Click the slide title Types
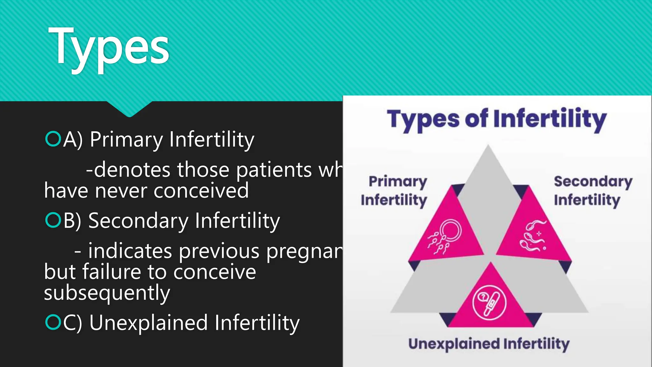(108, 48)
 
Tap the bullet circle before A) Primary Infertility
(53, 139)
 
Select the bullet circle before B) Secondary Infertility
(53, 220)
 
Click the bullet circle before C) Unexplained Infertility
(53, 322)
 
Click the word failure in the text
(111, 272)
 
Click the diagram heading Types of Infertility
(497, 119)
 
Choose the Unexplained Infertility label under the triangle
(489, 344)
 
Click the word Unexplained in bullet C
(148, 322)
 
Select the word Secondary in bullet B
(138, 220)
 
